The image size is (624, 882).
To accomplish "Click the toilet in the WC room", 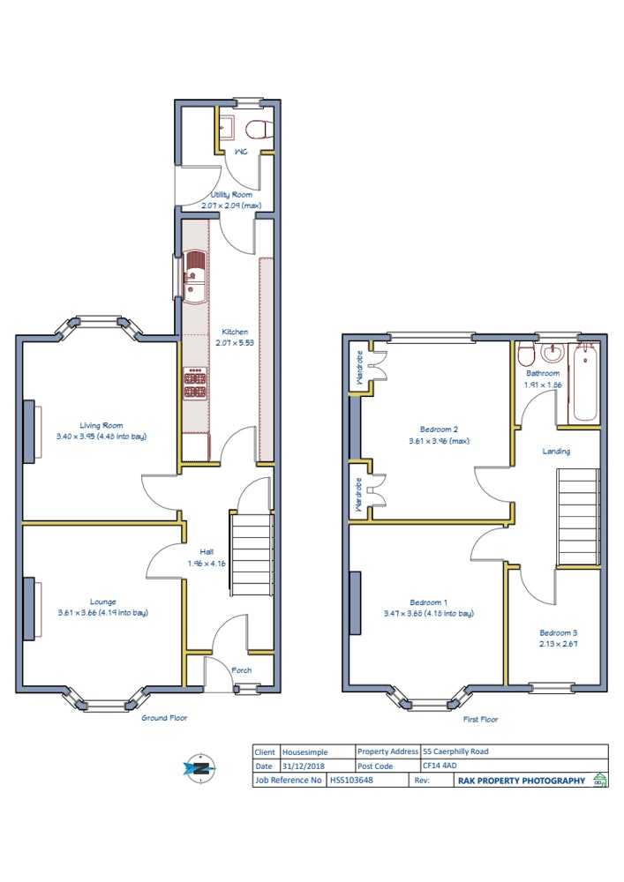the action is pyautogui.click(x=259, y=129).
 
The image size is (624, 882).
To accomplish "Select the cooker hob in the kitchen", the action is pyautogui.click(x=195, y=383).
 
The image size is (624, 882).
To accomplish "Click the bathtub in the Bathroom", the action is pyautogui.click(x=584, y=383).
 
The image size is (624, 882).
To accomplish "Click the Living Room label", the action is pyautogui.click(x=101, y=425).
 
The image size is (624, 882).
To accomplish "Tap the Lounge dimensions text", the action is pyautogui.click(x=103, y=613).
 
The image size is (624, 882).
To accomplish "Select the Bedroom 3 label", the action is pyautogui.click(x=558, y=632).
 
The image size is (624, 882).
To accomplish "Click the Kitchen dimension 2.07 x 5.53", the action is pyautogui.click(x=235, y=342).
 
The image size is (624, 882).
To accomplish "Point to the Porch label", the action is pyautogui.click(x=241, y=670).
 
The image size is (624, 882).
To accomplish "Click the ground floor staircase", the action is pyautogui.click(x=251, y=554).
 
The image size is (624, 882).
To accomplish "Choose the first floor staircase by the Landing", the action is pyautogui.click(x=578, y=517).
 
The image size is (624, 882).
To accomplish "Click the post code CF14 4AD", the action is pyautogui.click(x=440, y=766).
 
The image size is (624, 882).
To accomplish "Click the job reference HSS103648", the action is pyautogui.click(x=351, y=781).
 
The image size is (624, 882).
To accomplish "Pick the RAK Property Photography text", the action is pyautogui.click(x=522, y=781).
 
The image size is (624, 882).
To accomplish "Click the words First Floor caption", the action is pyautogui.click(x=480, y=719).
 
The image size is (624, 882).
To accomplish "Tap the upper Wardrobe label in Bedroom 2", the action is pyautogui.click(x=359, y=368).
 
